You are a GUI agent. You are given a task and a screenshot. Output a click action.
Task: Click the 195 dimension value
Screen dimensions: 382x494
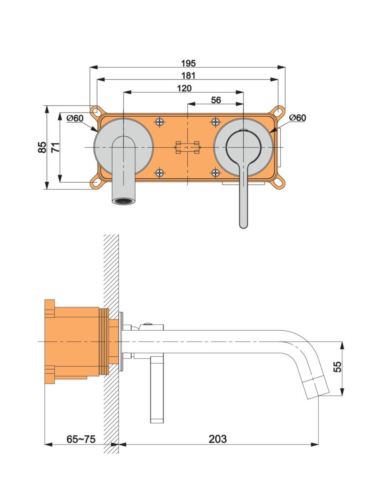coord(188,64)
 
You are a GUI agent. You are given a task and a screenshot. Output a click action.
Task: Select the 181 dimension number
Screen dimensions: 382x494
coord(188,75)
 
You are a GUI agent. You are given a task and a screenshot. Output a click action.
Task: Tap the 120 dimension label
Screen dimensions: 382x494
coord(184,88)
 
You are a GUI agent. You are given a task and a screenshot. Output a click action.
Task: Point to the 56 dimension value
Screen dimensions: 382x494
coord(216,100)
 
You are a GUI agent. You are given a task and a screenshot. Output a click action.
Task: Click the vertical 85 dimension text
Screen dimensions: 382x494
coord(42,147)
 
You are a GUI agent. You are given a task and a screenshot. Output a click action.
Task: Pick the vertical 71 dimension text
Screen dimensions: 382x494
coord(55,147)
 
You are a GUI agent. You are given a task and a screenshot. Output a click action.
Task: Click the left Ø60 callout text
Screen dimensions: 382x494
coord(75,118)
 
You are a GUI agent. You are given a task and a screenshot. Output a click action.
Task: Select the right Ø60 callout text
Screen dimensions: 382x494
coord(298,117)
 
